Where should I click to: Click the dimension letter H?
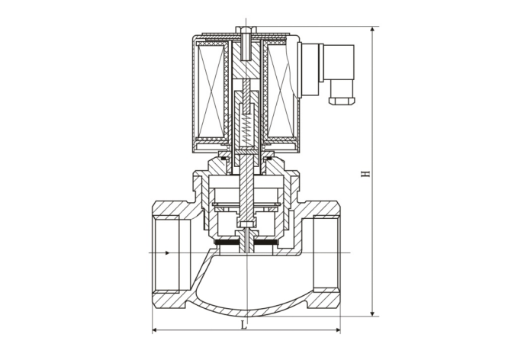(367, 175)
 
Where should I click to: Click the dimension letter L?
(244, 325)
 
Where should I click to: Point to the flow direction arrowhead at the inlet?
(166, 252)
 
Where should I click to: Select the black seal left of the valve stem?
(228, 244)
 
